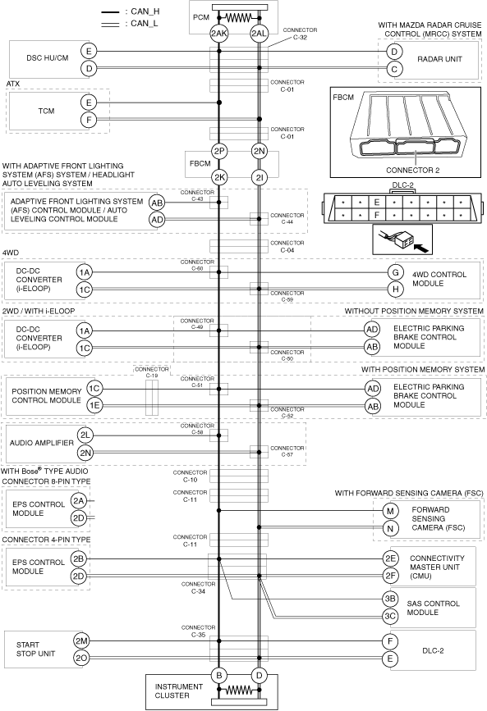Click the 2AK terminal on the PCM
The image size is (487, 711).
[219, 33]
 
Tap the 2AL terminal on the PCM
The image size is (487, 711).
[259, 33]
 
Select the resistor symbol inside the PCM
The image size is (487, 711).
[239, 18]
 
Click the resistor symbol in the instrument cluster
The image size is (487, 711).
[239, 690]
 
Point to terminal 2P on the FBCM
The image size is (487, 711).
[219, 151]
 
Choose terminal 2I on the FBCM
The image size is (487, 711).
[259, 177]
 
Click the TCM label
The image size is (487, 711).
[46, 111]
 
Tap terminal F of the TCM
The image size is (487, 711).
[89, 120]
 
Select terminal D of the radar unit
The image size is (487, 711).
[394, 52]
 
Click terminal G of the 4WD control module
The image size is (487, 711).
[396, 272]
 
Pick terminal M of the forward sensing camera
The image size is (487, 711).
[390, 511]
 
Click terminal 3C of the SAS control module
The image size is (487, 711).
[390, 616]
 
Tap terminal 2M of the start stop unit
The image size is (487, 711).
[81, 640]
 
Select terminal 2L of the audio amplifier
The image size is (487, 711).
[85, 435]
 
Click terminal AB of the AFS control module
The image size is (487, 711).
[157, 203]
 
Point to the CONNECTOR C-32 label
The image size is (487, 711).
[300, 34]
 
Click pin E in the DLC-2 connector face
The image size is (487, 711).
[377, 203]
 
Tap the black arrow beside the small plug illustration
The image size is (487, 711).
[421, 248]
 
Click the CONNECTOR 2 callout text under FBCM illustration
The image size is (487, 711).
[413, 171]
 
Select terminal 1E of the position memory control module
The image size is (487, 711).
[94, 405]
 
